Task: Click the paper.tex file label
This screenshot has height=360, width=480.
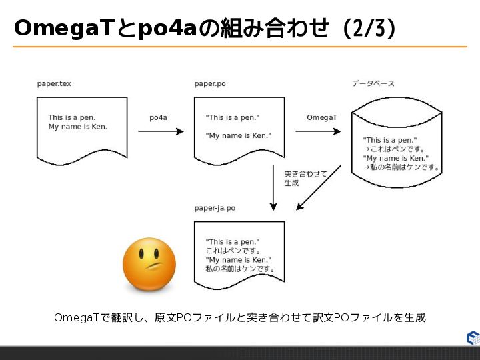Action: (x=53, y=83)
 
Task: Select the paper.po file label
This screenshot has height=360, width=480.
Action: (x=210, y=83)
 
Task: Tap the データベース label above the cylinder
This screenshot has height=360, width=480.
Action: (x=373, y=83)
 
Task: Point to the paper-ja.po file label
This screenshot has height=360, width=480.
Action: (x=215, y=208)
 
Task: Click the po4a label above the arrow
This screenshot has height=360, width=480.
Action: (x=158, y=117)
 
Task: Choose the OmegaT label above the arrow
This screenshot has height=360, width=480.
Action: (x=321, y=117)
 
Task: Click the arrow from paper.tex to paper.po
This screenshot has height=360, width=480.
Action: (x=160, y=131)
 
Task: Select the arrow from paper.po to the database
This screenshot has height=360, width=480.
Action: (x=318, y=131)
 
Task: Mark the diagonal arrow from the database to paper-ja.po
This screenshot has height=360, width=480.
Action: (x=319, y=188)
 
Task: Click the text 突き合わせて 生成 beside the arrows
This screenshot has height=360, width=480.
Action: (x=305, y=178)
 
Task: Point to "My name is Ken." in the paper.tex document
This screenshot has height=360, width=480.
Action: (x=77, y=127)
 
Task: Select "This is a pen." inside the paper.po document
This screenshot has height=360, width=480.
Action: (x=233, y=117)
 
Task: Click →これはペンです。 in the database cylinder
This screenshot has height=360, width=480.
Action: (x=394, y=149)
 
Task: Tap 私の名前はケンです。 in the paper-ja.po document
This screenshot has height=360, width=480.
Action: (x=240, y=269)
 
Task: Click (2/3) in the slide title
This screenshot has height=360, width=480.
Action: (x=368, y=28)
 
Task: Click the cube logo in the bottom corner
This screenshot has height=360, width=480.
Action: (x=472, y=337)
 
